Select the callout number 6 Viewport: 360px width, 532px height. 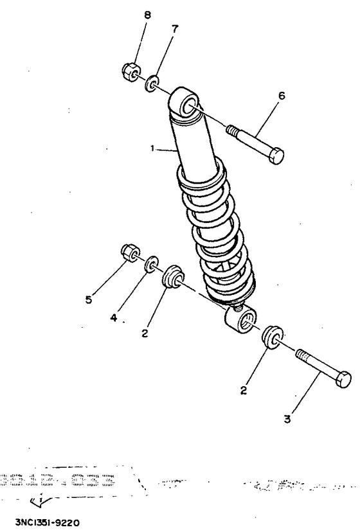click(281, 96)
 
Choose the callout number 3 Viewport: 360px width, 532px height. click(288, 420)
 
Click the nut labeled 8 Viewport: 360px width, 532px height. click(129, 71)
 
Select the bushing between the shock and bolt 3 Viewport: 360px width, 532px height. click(272, 338)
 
